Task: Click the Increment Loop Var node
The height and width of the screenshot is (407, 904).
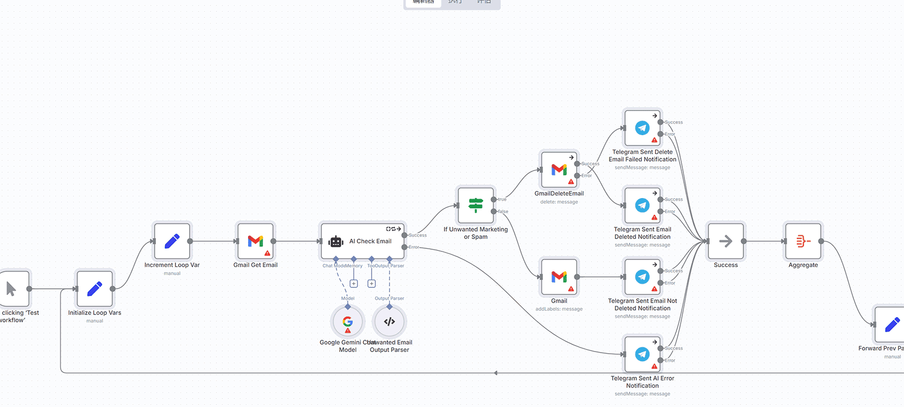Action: point(172,241)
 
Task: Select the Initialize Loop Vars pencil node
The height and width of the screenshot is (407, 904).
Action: point(95,289)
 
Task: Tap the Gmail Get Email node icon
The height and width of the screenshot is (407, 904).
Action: point(256,241)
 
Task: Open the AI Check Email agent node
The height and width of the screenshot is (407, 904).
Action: point(362,241)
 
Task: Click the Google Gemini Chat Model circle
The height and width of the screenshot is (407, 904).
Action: point(348,322)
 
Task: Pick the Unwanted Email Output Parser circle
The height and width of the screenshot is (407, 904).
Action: point(390,322)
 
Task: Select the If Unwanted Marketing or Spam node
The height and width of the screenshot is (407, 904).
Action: point(476,205)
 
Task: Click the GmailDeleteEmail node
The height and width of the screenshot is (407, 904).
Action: point(559,170)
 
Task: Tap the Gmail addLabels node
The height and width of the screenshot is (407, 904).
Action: point(559,277)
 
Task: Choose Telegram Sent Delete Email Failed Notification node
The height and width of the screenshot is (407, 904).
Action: point(642,128)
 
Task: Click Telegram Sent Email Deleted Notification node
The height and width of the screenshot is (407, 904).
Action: point(642,205)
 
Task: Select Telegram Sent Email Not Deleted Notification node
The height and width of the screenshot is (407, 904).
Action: point(642,277)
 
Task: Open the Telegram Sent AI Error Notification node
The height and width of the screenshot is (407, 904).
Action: point(642,354)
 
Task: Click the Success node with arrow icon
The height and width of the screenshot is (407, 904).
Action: point(726,241)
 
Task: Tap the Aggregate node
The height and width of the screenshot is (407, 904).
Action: point(803,241)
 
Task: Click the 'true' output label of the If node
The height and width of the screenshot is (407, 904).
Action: point(502,199)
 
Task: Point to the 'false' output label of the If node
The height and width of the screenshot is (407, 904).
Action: point(503,212)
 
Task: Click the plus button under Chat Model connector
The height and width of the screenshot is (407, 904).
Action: point(354,284)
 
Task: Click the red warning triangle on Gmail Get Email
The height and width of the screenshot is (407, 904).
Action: point(267,253)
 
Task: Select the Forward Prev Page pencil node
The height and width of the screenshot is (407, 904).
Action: point(891,325)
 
